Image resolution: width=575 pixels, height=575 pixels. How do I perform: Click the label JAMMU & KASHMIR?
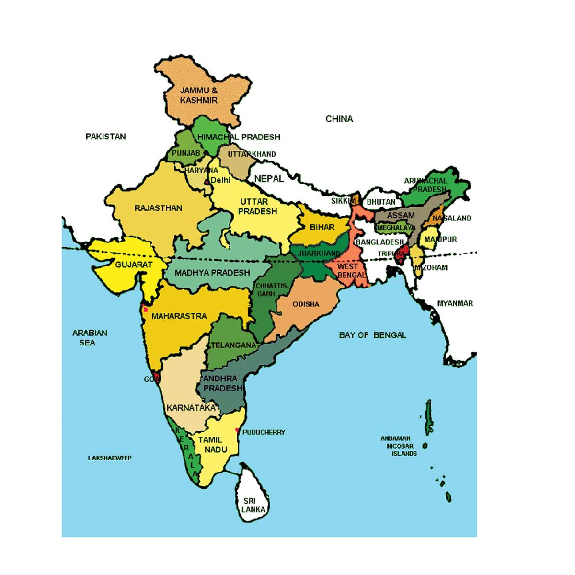tap(199, 95)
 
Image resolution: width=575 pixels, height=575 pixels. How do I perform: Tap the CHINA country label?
tap(339, 119)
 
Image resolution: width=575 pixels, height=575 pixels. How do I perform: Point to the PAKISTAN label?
tap(106, 137)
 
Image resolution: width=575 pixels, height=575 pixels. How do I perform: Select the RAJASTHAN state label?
tap(158, 208)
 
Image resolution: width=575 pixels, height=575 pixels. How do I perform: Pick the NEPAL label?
tap(269, 179)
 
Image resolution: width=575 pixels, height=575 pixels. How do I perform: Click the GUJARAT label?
tap(134, 264)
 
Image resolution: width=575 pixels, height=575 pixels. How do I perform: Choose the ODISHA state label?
tap(306, 304)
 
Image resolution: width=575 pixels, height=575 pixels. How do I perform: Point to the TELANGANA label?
tap(233, 345)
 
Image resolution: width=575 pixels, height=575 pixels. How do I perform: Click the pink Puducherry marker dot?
tap(237, 430)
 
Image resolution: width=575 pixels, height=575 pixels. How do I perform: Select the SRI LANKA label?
tap(253, 505)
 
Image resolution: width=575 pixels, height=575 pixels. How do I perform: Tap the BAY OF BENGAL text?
tap(372, 335)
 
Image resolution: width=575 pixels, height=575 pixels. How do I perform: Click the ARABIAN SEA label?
tap(90, 337)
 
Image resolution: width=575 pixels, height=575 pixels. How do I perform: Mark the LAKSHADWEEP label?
tap(109, 458)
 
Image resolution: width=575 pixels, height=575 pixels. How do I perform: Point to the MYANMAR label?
tap(455, 303)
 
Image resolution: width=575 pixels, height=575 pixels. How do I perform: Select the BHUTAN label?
tap(381, 202)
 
